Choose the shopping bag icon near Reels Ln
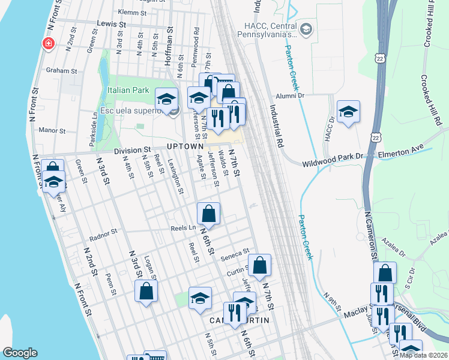click(x=208, y=213)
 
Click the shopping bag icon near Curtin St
click(x=259, y=265)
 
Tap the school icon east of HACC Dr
click(x=348, y=112)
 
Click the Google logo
click(x=20, y=352)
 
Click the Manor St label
click(x=52, y=130)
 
